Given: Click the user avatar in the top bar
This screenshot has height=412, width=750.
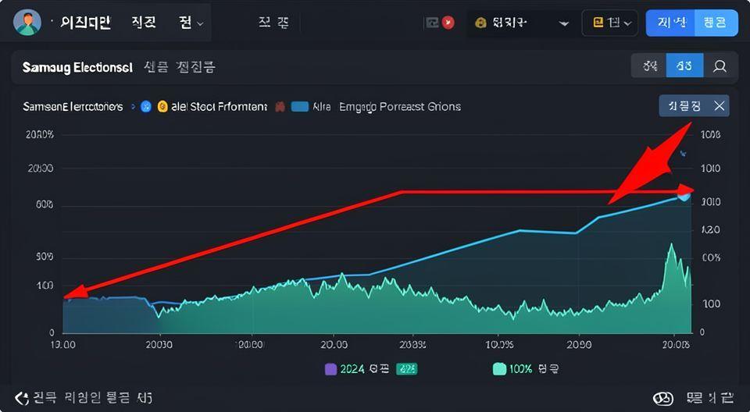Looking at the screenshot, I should coord(27,23).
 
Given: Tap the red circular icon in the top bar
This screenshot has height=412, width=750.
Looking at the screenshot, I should coord(448,23).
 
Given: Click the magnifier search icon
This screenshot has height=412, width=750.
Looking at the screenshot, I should coord(720,67).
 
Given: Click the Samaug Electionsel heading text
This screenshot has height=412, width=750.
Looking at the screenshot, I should coord(77,67).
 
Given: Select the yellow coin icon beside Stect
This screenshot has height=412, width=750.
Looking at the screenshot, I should coord(162,107).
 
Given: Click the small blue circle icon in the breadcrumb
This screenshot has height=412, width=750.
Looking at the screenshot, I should coord(145,107).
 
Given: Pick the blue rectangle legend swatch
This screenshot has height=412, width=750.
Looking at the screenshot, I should coord(299,107).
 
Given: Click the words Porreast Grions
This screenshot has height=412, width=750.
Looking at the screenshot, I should coord(420,107).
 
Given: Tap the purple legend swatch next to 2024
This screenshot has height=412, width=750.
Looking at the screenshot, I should coord(330,369).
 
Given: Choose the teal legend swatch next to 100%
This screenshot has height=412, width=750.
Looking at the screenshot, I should coord(499,369).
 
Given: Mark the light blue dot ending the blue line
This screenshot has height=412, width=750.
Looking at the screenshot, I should coord(684,195).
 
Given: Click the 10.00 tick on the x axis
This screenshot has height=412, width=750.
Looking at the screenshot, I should coord(62,343).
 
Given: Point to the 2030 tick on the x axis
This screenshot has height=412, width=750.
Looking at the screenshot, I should coord(159,343).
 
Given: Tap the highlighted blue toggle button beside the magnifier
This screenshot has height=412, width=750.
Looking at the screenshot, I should coord(684,67).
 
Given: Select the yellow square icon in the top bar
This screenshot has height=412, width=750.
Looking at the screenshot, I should coord(599,23).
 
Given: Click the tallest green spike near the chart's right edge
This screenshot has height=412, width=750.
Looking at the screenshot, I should coord(670,247).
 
